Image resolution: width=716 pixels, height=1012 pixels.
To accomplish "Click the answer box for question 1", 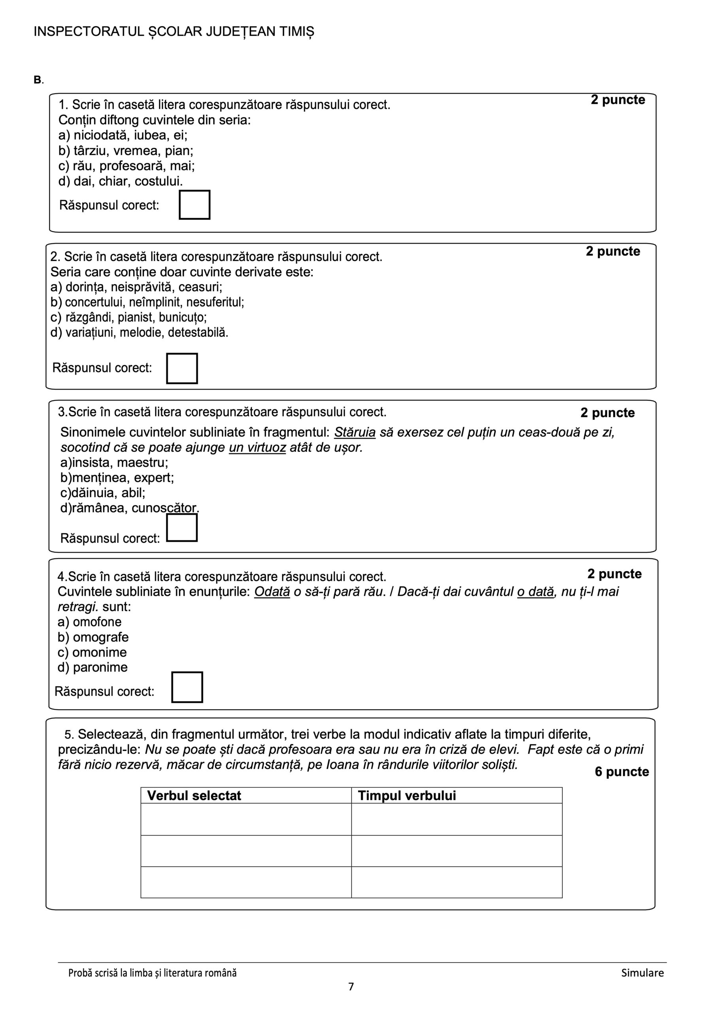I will point(195,204).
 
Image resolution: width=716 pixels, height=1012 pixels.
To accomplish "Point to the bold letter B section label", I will point(38,80).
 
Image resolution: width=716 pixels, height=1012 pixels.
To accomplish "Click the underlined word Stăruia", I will point(355,432).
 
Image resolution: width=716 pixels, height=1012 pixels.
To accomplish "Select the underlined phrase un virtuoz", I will point(257,448).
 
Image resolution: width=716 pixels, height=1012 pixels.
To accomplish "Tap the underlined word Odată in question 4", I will point(272,591).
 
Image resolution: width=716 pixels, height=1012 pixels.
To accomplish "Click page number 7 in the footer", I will point(351,986).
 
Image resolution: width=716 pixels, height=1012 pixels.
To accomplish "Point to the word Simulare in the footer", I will point(642,973).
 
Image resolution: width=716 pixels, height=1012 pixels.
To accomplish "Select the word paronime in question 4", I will point(100,667).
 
